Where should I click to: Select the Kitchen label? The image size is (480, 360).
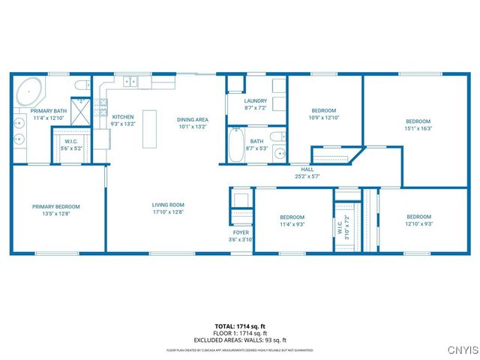[x=123, y=117]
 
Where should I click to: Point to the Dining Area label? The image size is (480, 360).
[x=192, y=120]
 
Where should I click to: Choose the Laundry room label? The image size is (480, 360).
[x=256, y=101]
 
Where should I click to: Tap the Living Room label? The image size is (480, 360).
[x=168, y=205]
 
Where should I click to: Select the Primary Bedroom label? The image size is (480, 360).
[x=55, y=206]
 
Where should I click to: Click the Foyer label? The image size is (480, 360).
[x=241, y=232]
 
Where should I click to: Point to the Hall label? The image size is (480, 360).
[x=307, y=169]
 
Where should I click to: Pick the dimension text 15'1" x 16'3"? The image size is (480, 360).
[x=418, y=128]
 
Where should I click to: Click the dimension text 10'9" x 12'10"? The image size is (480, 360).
[x=325, y=117]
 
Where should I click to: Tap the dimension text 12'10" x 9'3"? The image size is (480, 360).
[x=419, y=223]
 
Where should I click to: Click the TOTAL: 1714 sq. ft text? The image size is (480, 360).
[x=240, y=326]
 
